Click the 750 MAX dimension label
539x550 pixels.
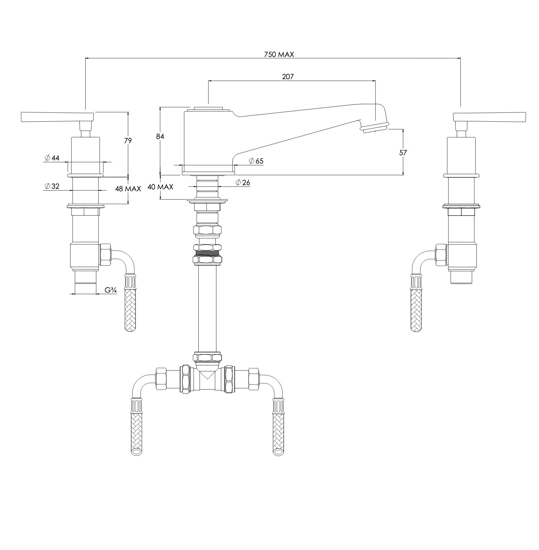[279, 55]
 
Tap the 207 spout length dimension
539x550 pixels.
[288, 77]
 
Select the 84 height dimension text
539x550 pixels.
[160, 136]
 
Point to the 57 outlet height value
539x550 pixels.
[403, 152]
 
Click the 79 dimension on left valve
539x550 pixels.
[128, 141]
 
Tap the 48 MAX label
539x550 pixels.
[128, 189]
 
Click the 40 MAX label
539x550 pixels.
[160, 187]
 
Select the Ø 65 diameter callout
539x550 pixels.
[256, 161]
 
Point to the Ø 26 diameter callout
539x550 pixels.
[243, 182]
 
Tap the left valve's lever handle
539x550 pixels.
[57, 117]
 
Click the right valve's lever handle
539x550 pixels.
[489, 117]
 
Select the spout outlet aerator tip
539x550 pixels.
[375, 127]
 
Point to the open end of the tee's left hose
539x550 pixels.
[136, 452]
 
